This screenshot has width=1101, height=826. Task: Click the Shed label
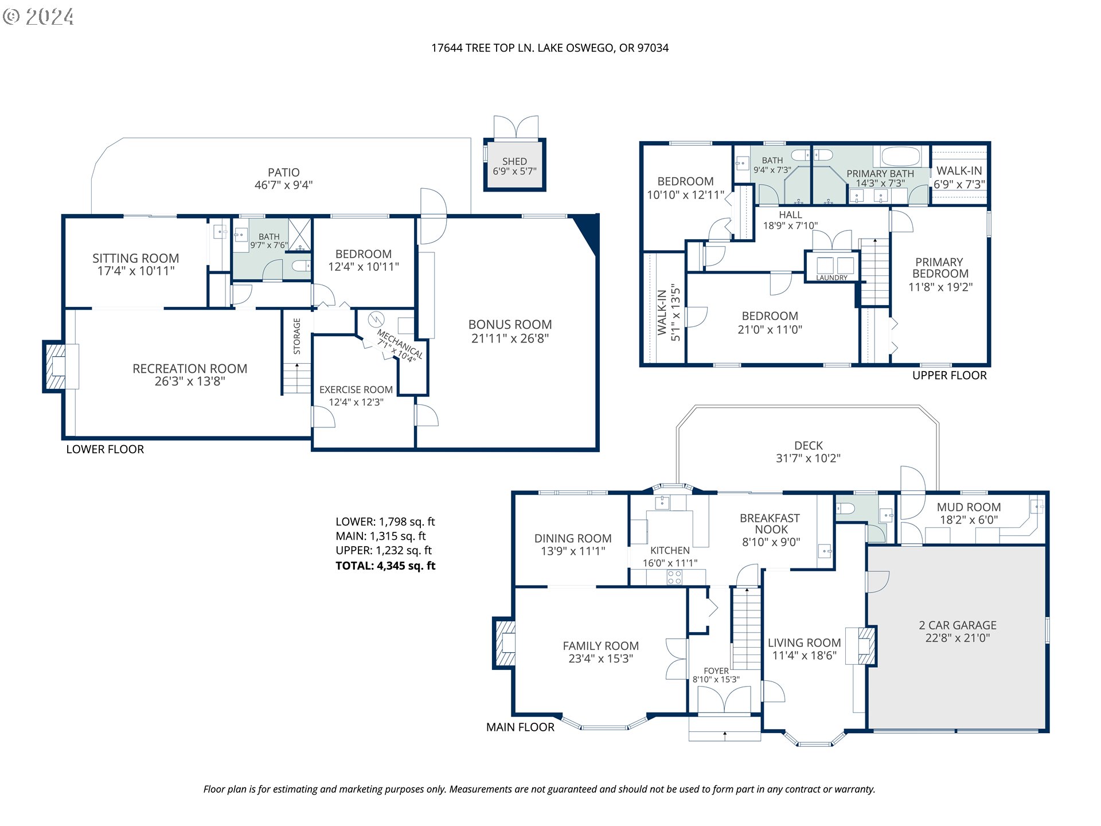coord(514,162)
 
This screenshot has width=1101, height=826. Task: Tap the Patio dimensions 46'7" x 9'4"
coord(283,185)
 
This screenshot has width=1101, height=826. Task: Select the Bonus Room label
coord(510,325)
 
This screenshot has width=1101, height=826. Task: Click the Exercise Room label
coord(356,389)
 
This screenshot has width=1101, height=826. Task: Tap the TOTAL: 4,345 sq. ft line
coord(385,566)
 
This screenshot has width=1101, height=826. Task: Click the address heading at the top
coord(549,48)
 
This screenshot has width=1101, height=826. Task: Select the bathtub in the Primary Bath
coord(900,157)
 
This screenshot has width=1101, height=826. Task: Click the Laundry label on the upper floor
coord(831,278)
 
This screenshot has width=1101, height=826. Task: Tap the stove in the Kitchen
coord(674,577)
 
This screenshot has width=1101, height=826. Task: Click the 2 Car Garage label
coord(957,625)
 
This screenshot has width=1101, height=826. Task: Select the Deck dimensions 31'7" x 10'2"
coord(808,458)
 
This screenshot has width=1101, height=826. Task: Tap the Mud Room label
coord(969,507)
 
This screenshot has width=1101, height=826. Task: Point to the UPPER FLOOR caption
coord(949,376)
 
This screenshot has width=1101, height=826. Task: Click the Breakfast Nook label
coord(770,524)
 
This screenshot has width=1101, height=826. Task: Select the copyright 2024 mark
coord(39,17)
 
